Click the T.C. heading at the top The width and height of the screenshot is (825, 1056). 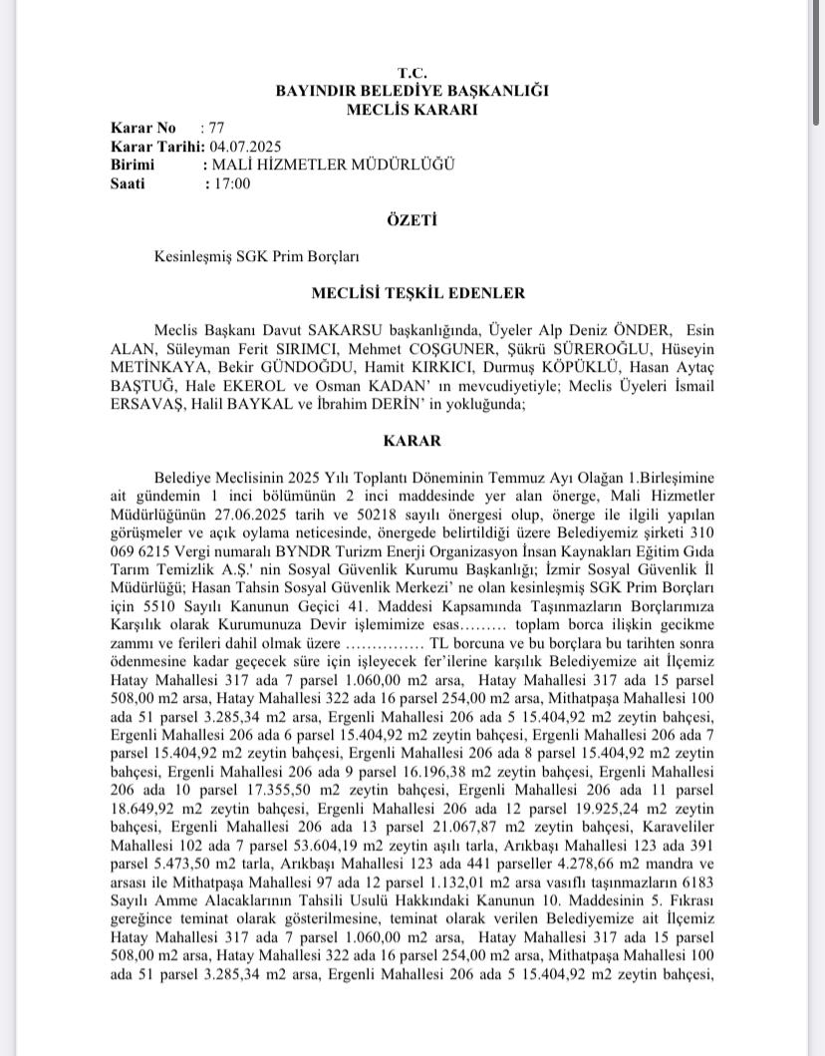(412, 73)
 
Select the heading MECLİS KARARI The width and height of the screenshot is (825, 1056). (412, 110)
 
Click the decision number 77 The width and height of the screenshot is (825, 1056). (217, 128)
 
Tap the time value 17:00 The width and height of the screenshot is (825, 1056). (228, 183)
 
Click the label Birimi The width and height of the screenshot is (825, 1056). (134, 165)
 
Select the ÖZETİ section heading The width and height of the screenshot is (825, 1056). (412, 219)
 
